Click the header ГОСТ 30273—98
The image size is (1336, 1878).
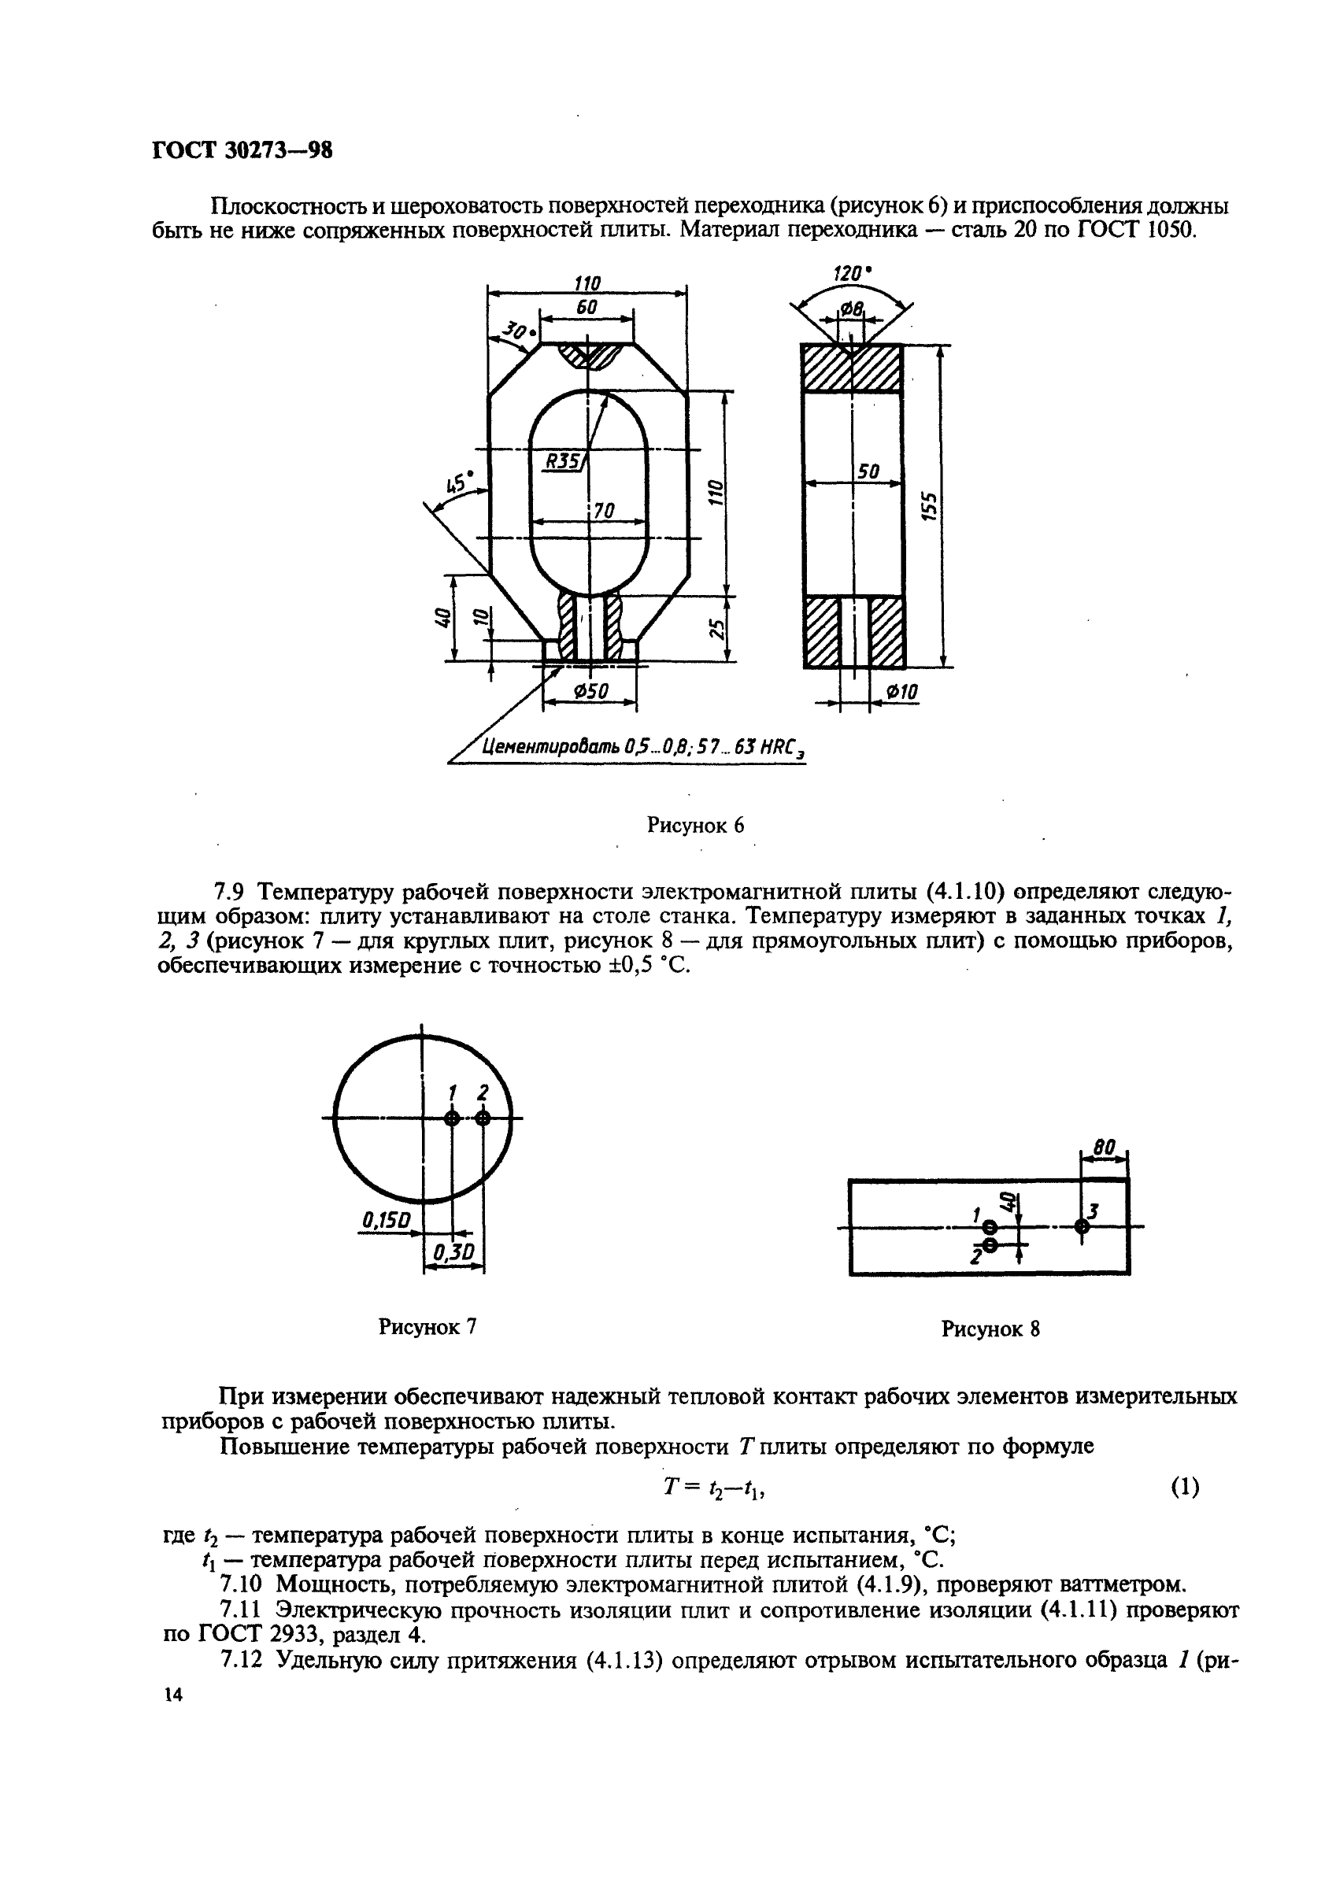242,150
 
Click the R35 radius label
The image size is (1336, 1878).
563,461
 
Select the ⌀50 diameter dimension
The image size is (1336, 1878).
590,693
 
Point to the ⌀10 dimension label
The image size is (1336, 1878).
901,693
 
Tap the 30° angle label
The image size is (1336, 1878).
518,332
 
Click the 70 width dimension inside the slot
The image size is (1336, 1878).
604,512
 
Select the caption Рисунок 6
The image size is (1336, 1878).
695,826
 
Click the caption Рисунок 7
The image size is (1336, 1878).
427,1327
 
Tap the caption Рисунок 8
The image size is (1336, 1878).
990,1329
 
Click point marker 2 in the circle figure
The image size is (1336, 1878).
483,1118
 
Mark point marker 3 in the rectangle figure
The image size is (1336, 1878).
1082,1226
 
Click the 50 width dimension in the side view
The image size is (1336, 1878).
868,472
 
